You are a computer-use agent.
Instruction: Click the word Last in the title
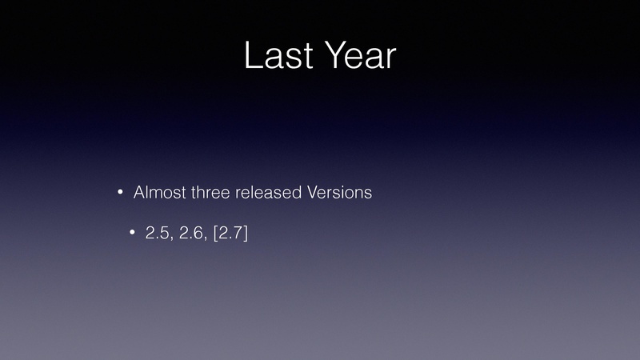point(278,55)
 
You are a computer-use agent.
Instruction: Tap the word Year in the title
point(362,55)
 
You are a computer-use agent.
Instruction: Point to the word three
point(210,192)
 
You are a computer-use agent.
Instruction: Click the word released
point(268,192)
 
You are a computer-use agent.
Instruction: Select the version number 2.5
point(157,233)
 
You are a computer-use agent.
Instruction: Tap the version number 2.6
point(191,233)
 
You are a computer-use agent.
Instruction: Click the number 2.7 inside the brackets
point(230,233)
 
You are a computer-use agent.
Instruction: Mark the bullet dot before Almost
point(120,192)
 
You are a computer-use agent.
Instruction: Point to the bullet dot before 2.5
point(132,233)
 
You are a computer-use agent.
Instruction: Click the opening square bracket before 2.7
point(215,234)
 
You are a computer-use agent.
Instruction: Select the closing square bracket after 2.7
point(246,234)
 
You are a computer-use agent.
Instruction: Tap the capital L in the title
point(253,55)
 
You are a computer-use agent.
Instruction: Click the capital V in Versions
point(312,192)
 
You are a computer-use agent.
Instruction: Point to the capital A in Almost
point(139,192)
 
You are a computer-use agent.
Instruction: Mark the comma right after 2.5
point(171,238)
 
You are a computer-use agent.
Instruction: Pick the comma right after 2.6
point(206,238)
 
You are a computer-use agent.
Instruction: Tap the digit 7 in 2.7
point(238,233)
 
